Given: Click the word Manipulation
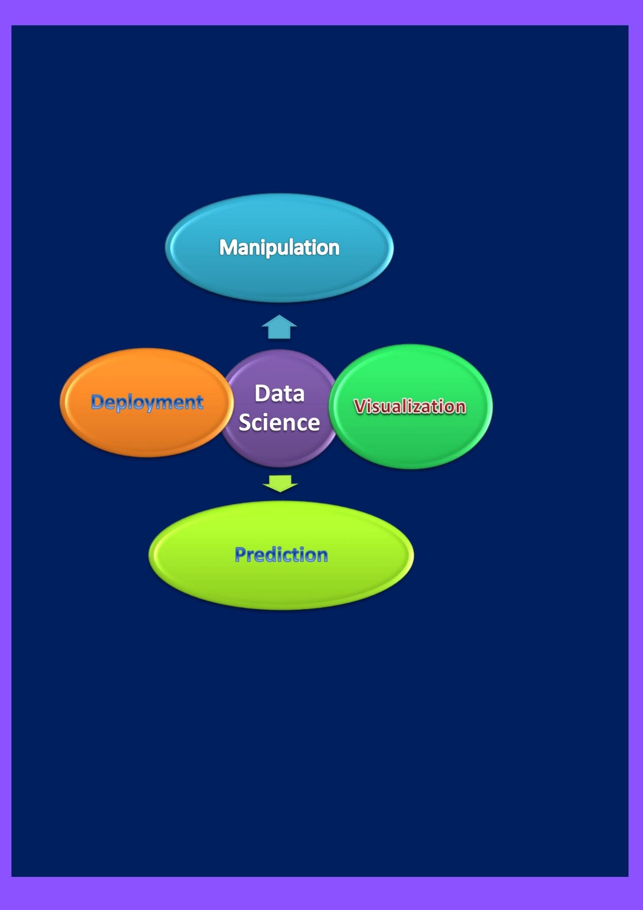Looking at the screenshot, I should [279, 247].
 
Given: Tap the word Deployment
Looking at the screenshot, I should [147, 402].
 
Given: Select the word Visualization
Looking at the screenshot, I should [410, 407].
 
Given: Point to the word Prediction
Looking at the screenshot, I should [281, 555].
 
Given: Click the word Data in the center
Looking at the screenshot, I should [279, 393].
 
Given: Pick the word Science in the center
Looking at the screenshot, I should [279, 422].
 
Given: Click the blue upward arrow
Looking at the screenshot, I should [279, 328].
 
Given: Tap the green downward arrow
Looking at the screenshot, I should [280, 482].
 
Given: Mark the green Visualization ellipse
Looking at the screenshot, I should [410, 442].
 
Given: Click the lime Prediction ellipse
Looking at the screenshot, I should [281, 584].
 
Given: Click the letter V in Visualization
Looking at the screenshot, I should [359, 406].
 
